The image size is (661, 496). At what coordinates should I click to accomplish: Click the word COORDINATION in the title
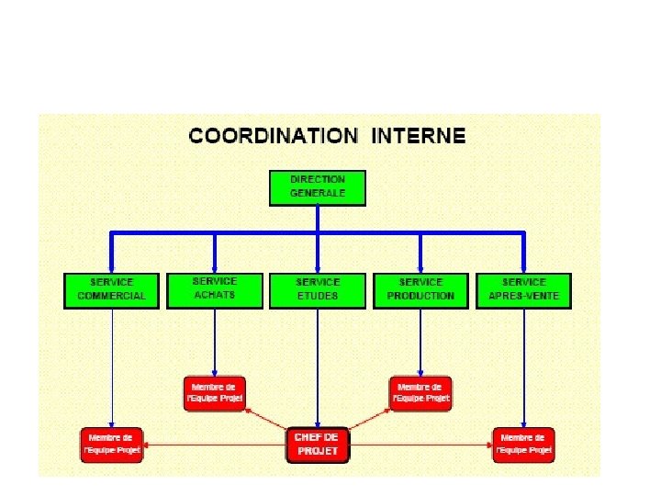[x=272, y=136]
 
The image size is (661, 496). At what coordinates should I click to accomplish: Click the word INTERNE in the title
[x=419, y=136]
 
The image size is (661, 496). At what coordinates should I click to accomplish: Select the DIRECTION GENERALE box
[x=318, y=187]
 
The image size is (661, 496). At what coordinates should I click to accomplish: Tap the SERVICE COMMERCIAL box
[x=112, y=289]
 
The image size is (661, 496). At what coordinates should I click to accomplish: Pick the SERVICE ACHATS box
[x=215, y=289]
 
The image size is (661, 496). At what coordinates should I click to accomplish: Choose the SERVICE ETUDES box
[x=318, y=289]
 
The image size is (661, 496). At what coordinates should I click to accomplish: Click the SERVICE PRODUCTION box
[x=420, y=289]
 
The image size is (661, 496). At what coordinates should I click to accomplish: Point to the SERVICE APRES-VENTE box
[x=523, y=289]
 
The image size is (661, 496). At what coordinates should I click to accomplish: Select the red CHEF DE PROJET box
[x=318, y=445]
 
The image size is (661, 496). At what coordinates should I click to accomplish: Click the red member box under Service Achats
[x=215, y=393]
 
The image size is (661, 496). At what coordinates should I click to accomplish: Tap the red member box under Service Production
[x=420, y=393]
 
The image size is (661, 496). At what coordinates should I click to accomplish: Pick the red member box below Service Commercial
[x=112, y=445]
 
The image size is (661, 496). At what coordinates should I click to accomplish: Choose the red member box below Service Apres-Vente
[x=523, y=445]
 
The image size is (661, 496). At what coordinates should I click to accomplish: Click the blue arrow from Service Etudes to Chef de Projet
[x=318, y=367]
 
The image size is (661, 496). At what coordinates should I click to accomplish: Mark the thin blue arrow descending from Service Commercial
[x=112, y=367]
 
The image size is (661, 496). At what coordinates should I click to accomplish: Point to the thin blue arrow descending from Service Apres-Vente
[x=523, y=367]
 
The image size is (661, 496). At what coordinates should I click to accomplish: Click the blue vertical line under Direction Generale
[x=318, y=219]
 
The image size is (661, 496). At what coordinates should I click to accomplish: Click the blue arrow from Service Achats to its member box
[x=215, y=342]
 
